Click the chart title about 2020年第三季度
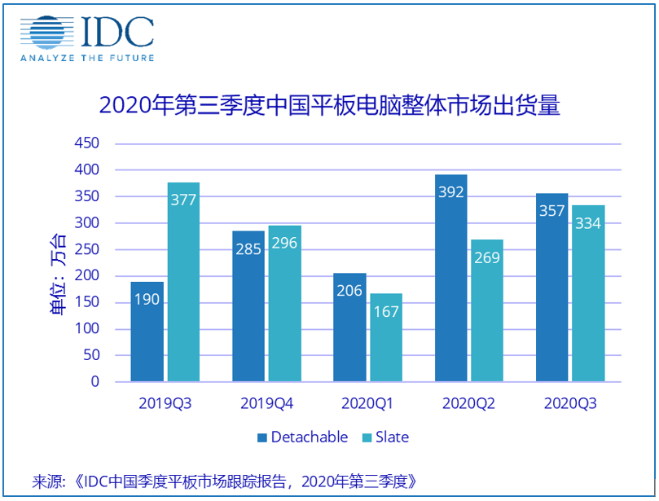tap(329, 106)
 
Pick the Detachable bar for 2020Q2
tap(450, 278)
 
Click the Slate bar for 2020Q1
tap(385, 337)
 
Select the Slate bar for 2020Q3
tap(588, 293)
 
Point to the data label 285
tap(248, 248)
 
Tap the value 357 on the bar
tap(551, 211)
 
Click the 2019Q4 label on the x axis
tap(266, 403)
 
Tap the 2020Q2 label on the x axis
tap(468, 403)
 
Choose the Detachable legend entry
tap(303, 437)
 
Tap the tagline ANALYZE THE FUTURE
tap(87, 58)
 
